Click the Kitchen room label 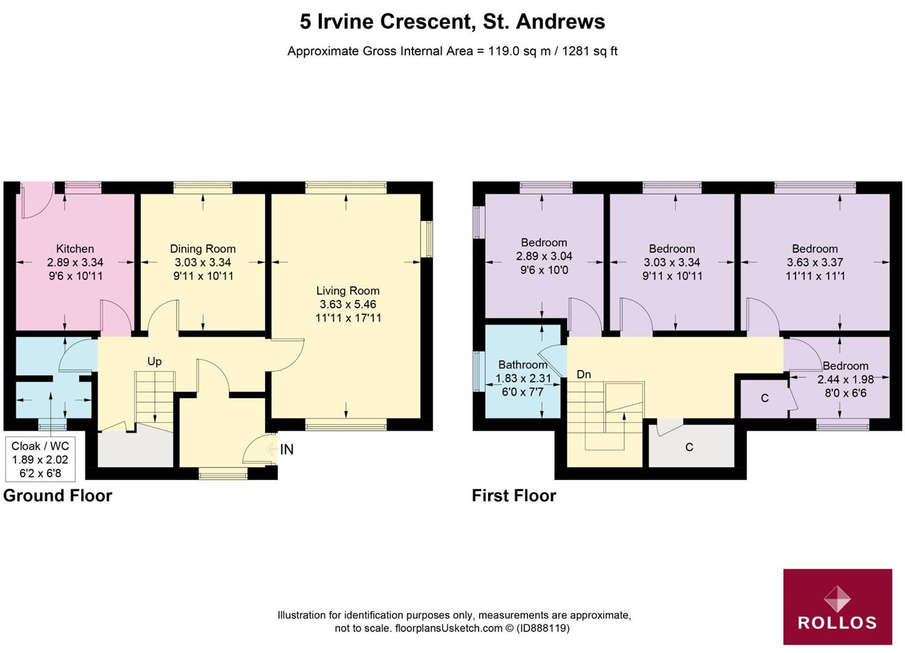click(75, 249)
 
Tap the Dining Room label click(203, 249)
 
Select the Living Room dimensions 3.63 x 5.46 click(348, 304)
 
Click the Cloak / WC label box click(40, 459)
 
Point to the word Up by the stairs click(154, 362)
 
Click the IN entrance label click(287, 449)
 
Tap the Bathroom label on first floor click(523, 365)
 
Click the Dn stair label click(583, 375)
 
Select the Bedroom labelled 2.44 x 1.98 click(845, 366)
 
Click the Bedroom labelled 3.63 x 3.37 click(815, 249)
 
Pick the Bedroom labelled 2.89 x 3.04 click(544, 242)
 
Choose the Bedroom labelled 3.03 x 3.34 click(671, 249)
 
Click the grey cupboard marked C click(689, 447)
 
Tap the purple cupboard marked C click(765, 398)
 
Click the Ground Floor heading click(57, 496)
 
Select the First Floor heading click(514, 496)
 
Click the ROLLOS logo click(837, 606)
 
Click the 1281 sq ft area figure click(590, 51)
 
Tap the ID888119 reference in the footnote click(543, 628)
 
